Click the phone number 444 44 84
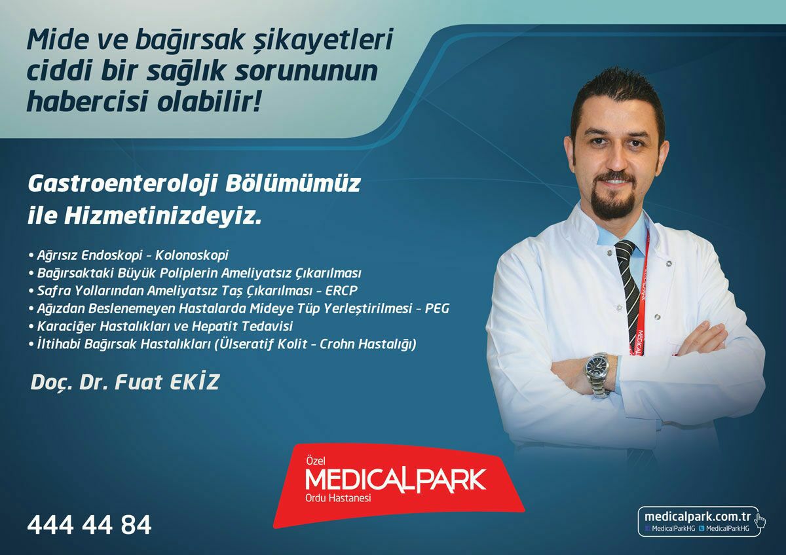click(x=89, y=525)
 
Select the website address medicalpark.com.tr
click(x=697, y=516)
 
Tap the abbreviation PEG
click(x=438, y=308)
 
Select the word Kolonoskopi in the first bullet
click(x=191, y=255)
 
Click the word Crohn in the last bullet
click(x=337, y=344)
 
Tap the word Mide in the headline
click(x=57, y=40)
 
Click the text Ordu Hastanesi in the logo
click(x=338, y=498)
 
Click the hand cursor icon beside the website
click(x=759, y=523)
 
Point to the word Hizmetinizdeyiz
click(x=163, y=217)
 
